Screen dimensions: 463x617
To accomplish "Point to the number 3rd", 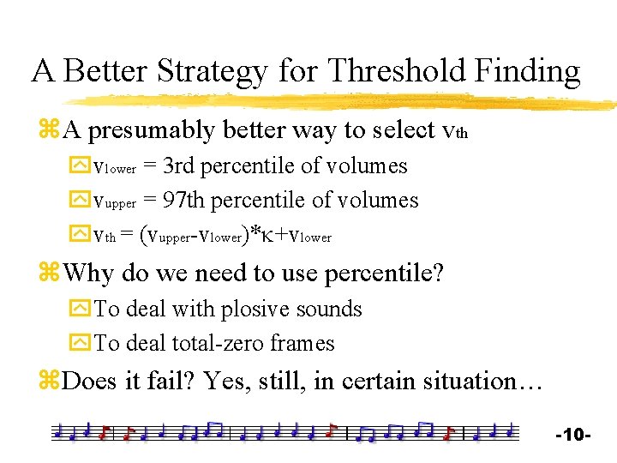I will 181,165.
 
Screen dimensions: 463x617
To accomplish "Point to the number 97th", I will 185,201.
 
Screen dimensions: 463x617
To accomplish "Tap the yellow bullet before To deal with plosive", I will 81,309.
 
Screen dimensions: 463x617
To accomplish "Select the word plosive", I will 256,309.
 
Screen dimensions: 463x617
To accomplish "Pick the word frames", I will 303,343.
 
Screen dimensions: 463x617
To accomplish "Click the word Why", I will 88,274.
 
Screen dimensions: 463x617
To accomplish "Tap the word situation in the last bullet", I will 462,380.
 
